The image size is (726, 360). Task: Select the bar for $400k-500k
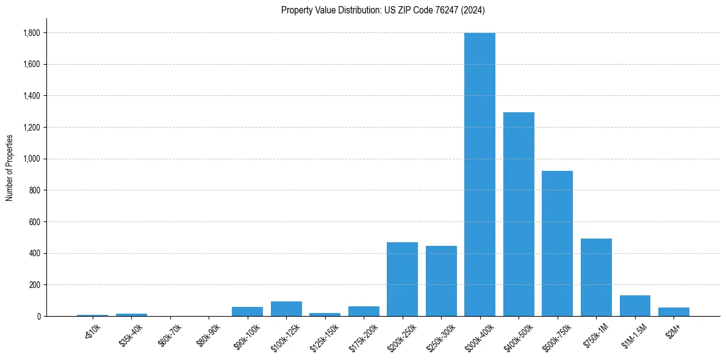coord(519,214)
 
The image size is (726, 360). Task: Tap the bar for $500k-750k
coord(557,243)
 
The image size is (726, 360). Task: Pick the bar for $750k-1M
coord(596,277)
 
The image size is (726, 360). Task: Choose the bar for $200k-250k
coord(402,279)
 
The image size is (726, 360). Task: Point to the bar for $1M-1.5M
coord(634,306)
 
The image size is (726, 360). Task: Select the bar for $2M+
coord(674,312)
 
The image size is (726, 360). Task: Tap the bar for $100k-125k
coord(286,309)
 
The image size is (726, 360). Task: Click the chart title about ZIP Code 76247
coord(383,10)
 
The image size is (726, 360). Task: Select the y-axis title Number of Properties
coord(10,167)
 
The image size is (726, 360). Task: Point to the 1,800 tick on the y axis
coord(32,33)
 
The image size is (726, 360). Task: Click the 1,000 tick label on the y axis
coord(32,159)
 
